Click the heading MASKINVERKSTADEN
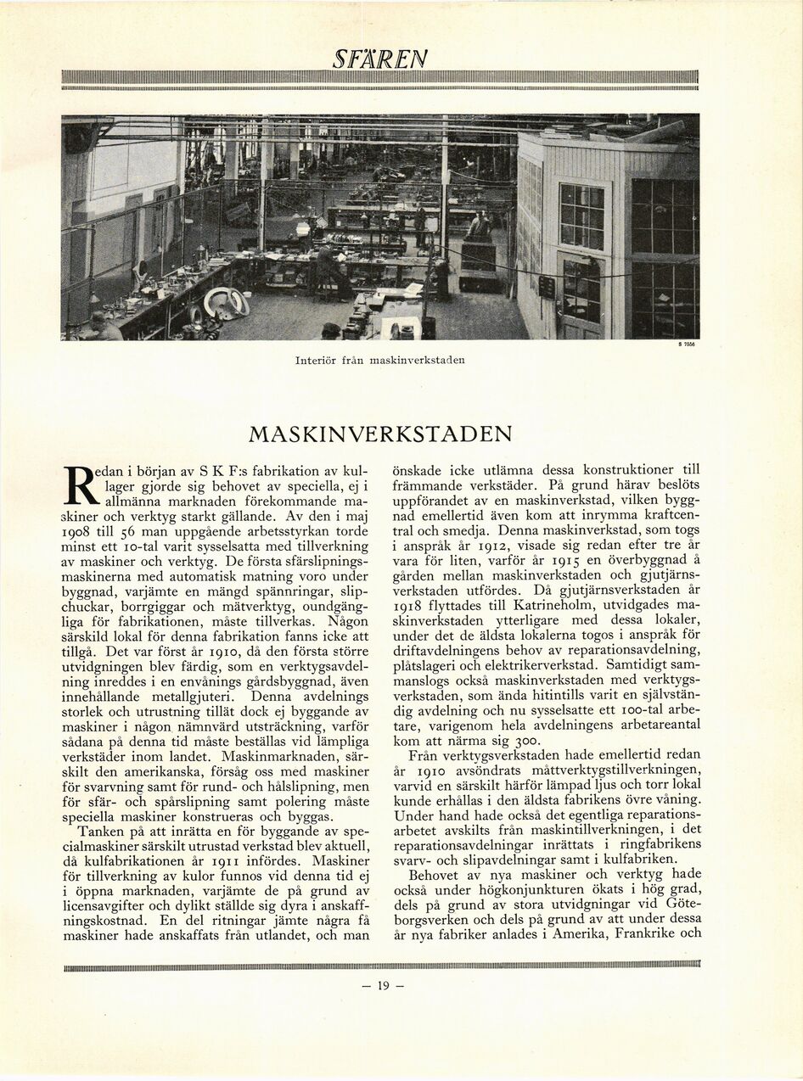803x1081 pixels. click(380, 434)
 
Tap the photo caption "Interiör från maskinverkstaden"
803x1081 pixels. click(379, 360)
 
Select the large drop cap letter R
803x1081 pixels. click(79, 483)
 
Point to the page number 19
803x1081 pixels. click(382, 985)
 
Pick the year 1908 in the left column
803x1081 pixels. click(82, 530)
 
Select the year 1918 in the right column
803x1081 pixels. click(412, 605)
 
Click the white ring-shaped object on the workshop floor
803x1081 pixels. click(226, 302)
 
